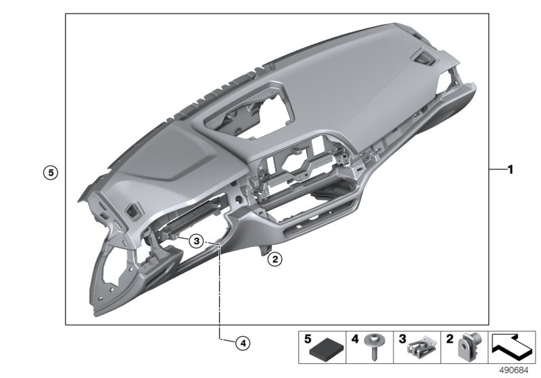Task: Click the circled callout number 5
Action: pyautogui.click(x=49, y=172)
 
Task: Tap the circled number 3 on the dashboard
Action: pyautogui.click(x=195, y=240)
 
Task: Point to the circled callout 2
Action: pyautogui.click(x=274, y=258)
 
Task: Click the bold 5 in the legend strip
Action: pyautogui.click(x=308, y=340)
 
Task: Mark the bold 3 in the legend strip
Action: pyautogui.click(x=402, y=340)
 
